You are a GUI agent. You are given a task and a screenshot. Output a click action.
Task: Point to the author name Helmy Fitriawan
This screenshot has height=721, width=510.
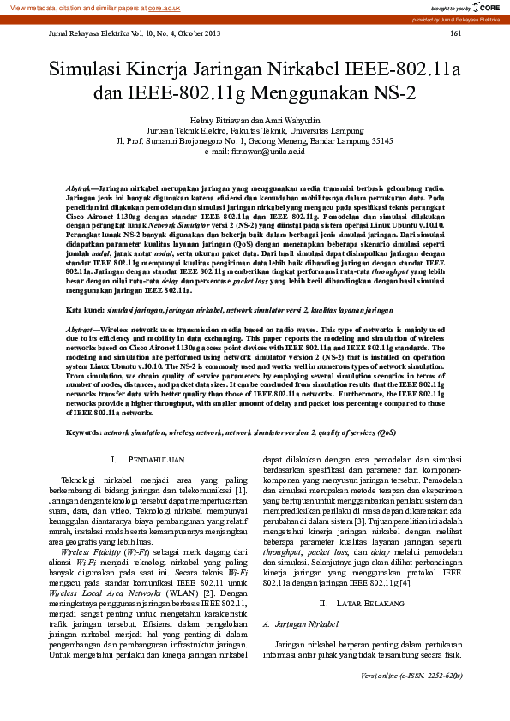coord(221,119)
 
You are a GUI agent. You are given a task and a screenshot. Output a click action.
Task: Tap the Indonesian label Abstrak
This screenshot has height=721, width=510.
coord(81,187)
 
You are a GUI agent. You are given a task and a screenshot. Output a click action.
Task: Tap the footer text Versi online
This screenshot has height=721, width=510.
coord(383,699)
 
